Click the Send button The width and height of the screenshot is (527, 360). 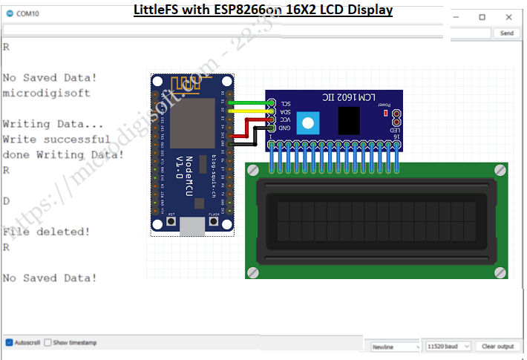click(507, 33)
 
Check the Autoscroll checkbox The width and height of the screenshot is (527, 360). click(10, 343)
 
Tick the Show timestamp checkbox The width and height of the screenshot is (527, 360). click(48, 343)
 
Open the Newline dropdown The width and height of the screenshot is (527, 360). click(395, 347)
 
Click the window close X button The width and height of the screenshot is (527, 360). click(508, 16)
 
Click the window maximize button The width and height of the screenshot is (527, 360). click(482, 16)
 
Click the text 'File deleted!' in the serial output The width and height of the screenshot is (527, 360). click(46, 232)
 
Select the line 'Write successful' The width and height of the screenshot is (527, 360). click(56, 139)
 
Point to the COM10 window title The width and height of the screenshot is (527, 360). click(27, 13)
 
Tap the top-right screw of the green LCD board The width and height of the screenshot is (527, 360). click(500, 171)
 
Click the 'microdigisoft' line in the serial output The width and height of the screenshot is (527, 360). click(46, 93)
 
